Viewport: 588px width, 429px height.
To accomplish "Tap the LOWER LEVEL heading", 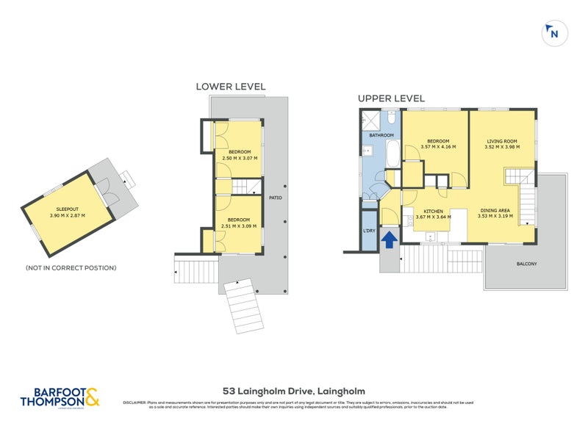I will point(230,87).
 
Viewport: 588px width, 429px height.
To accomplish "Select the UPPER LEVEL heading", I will point(391,98).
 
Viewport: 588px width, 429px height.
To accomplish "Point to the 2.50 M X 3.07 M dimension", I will point(238,158).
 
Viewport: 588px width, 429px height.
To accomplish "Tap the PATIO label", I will point(276,198).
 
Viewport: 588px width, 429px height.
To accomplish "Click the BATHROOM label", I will point(381,135).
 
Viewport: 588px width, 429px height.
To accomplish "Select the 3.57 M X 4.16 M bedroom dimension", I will point(438,147).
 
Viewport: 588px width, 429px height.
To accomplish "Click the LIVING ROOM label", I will point(503,140).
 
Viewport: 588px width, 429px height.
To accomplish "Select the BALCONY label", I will point(526,264).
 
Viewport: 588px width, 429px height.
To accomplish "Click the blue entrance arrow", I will point(390,237).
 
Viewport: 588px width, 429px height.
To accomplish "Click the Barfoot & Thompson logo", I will point(62,397).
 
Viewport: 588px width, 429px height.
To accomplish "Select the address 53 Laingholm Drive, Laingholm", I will point(294,392).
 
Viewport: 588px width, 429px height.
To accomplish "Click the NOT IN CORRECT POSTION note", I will point(71,267).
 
